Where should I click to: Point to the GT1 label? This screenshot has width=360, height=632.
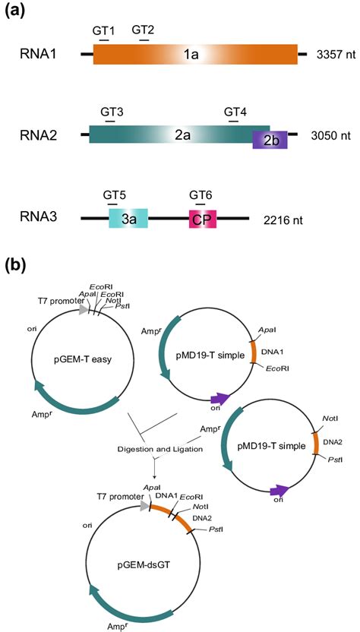[104, 30]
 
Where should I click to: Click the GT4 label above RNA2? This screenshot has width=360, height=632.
[235, 112]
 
